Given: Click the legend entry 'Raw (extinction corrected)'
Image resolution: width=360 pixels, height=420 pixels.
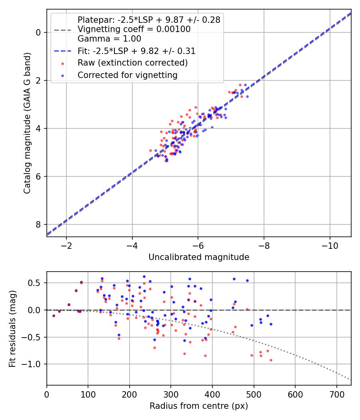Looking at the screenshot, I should tap(132, 63).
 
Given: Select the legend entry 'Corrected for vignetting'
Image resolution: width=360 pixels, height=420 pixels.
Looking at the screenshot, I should tap(127, 75).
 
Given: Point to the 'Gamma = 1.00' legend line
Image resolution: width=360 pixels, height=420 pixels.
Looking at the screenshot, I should tap(109, 39).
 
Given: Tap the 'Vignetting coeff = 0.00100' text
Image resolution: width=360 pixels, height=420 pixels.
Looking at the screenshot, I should tap(134, 29).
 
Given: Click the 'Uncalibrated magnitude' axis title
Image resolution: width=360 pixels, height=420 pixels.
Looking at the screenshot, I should tap(199, 257).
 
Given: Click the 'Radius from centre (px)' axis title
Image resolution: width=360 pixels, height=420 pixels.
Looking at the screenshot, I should tap(199, 406).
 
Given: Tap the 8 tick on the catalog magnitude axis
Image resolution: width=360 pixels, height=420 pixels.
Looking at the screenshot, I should tap(39, 224).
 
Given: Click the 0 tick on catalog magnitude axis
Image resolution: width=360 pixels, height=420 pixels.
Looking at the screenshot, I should tap(39, 32).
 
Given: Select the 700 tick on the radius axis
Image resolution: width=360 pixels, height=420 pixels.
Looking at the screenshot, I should tap(336, 394).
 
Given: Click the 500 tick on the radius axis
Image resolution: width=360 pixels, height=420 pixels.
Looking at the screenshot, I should tap(254, 394).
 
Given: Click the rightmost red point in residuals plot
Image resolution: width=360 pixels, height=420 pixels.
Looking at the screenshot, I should tap(271, 360).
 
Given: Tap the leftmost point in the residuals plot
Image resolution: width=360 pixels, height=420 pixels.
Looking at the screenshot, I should tap(54, 316).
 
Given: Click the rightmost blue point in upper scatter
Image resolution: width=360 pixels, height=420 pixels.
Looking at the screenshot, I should tap(247, 96).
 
